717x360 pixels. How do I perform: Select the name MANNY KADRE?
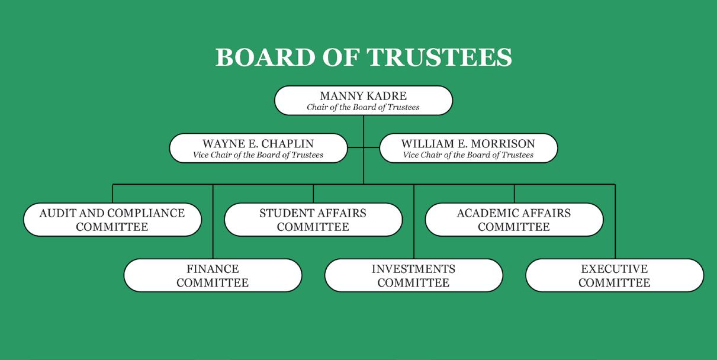(363, 96)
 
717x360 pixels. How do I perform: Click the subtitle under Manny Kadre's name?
(363, 107)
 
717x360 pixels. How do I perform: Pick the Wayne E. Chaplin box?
(258, 148)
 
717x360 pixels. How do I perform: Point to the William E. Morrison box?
(468, 148)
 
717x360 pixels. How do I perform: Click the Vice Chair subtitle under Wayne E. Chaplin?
(258, 155)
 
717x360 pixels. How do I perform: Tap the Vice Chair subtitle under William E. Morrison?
(468, 155)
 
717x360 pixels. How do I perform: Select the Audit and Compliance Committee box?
(112, 220)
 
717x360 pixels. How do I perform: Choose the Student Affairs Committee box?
(313, 220)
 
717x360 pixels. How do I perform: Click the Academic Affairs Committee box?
(514, 220)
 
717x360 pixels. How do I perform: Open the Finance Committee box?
(213, 275)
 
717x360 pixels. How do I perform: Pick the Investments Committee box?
(413, 275)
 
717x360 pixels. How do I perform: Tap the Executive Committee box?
(615, 275)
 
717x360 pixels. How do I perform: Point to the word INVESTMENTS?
(413, 269)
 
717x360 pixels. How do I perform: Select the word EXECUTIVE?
(615, 269)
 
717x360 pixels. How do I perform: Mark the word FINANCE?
(213, 269)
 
